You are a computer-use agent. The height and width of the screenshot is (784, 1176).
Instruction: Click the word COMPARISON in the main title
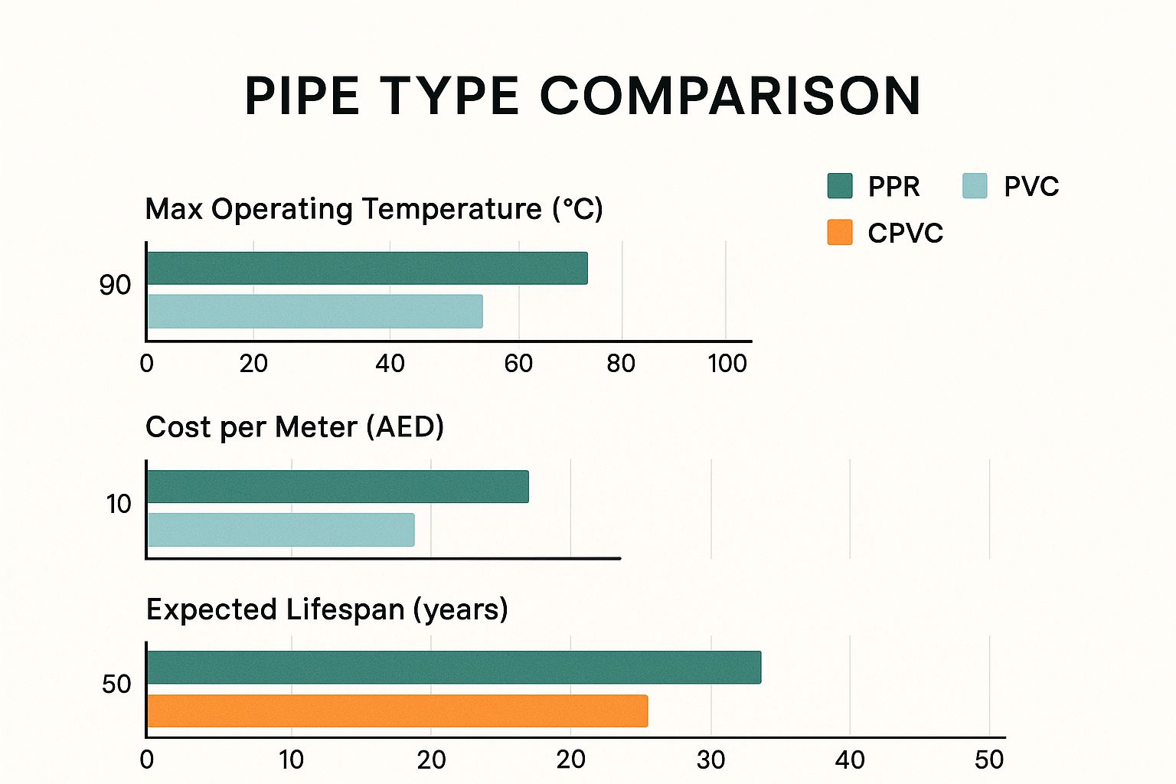(x=730, y=96)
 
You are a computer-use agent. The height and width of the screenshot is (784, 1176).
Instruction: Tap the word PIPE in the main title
(x=302, y=96)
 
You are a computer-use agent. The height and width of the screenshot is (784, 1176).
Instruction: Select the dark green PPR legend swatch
(x=840, y=186)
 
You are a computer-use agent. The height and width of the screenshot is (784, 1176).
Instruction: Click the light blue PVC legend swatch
(x=975, y=186)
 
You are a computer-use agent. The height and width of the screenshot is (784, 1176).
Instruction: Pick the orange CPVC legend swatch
(x=840, y=232)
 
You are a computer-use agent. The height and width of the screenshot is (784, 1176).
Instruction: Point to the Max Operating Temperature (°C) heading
(x=374, y=209)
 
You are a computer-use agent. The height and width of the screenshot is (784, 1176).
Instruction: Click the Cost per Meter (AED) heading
(x=295, y=427)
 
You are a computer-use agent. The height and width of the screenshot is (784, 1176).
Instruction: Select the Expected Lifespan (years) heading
(x=327, y=609)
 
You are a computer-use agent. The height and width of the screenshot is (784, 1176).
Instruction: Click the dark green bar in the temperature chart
(x=367, y=268)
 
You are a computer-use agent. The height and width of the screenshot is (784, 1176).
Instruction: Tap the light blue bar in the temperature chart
(x=315, y=312)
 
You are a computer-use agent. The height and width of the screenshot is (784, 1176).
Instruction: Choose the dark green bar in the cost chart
(x=338, y=487)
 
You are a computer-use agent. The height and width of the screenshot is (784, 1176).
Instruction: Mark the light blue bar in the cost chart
(x=280, y=530)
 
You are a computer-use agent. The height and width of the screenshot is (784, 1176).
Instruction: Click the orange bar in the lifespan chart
(x=397, y=711)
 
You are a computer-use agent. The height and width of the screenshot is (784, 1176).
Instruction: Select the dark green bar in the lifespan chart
(x=454, y=668)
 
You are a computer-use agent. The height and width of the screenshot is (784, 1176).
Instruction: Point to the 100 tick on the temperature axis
(x=727, y=364)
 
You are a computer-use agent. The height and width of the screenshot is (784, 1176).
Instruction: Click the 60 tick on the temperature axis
(x=518, y=364)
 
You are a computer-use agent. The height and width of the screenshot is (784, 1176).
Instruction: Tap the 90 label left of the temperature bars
(x=115, y=286)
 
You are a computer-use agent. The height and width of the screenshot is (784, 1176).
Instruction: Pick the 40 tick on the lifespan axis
(x=850, y=760)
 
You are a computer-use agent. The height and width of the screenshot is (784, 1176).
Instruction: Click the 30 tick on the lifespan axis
(x=710, y=760)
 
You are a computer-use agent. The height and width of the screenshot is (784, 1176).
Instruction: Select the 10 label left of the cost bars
(x=119, y=505)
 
